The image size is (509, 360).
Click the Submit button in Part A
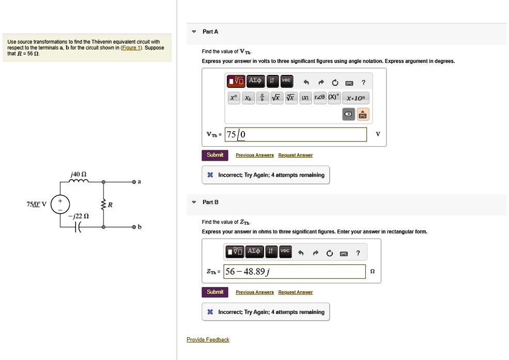215,155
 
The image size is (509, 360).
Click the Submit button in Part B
215,292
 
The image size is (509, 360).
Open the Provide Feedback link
208,339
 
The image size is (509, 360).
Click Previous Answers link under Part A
254,155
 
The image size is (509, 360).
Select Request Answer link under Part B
295,292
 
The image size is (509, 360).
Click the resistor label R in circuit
111,205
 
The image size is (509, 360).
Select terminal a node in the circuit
133,182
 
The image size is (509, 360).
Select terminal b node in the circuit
133,227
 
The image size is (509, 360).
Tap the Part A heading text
210,32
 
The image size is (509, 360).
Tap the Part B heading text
210,202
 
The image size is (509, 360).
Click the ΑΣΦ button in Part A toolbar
256,81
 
